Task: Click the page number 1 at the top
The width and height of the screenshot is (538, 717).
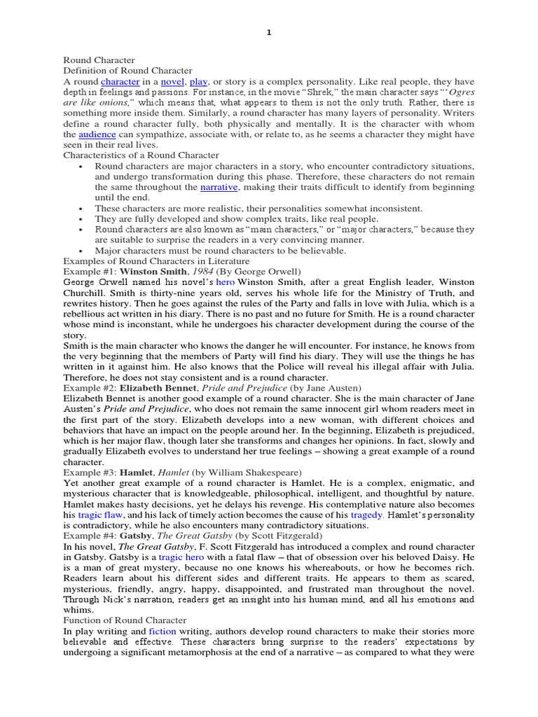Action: tap(268, 33)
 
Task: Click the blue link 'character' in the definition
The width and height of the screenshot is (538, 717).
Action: tap(120, 82)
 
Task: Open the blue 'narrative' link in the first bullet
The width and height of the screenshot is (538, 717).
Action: tap(219, 188)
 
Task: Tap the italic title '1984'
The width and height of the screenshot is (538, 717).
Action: tap(201, 271)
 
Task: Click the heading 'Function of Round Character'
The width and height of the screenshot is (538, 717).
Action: tap(125, 620)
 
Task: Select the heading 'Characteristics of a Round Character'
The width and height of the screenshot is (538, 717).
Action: tap(141, 155)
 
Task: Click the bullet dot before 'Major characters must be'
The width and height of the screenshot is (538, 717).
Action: tap(82, 250)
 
